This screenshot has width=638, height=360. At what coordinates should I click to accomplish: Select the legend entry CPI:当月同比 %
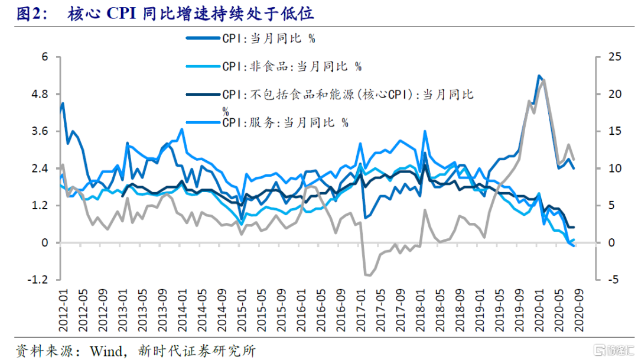268,38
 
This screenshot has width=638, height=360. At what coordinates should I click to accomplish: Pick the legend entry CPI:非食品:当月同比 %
292,66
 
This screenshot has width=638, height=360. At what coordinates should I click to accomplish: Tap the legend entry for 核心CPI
348,95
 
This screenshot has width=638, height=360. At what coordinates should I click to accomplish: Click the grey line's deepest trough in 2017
367,275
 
